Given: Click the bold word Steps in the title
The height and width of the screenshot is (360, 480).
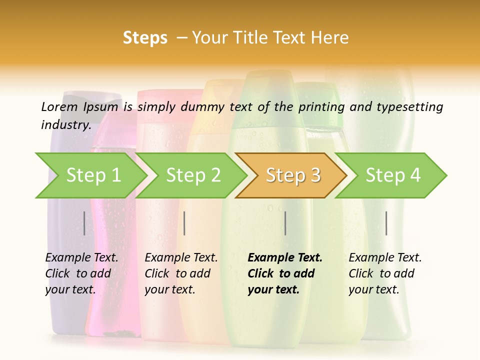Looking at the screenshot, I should tap(145, 38).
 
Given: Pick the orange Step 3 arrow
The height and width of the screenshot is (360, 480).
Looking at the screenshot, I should tap(293, 175).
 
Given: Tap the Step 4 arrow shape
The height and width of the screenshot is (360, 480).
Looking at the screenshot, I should tap(393, 175).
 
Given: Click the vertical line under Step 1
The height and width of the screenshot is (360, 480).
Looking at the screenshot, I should tap(84, 223).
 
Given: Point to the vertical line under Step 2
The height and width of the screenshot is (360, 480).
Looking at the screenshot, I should tap(184, 223).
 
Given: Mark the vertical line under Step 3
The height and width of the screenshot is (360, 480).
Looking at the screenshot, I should tap(285, 223).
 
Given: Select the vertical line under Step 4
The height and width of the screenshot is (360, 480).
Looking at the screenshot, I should tap(386, 223).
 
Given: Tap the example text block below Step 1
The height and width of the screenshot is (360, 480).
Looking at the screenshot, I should tap(81, 273).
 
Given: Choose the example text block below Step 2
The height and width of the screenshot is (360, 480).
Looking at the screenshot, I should tap(181, 273).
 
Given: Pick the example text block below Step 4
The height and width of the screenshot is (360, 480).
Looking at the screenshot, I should tap(385, 273).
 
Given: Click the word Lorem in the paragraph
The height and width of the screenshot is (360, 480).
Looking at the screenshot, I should tap(59, 106).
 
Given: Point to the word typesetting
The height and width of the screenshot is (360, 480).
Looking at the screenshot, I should tap(410, 107).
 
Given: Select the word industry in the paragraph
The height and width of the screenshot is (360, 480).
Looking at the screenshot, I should tap(65, 125).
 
